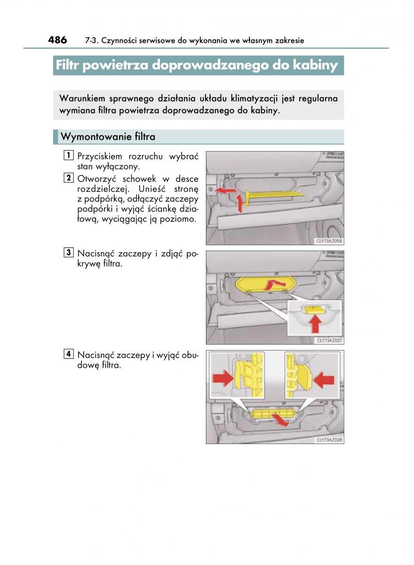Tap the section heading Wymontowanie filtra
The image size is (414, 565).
[x=108, y=137]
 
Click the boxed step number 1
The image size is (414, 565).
[x=69, y=155]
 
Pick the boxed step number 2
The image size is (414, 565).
[x=69, y=178]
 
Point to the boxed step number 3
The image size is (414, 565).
[x=69, y=253]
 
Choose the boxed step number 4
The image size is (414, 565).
[x=69, y=354]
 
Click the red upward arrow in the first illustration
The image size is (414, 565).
[x=241, y=203]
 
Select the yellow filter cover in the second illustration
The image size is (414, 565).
[x=266, y=285]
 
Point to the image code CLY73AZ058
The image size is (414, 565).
[x=328, y=242]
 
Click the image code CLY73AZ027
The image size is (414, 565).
[x=328, y=340]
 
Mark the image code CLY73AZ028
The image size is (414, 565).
[x=328, y=440]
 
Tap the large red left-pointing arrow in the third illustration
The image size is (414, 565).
[x=324, y=379]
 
